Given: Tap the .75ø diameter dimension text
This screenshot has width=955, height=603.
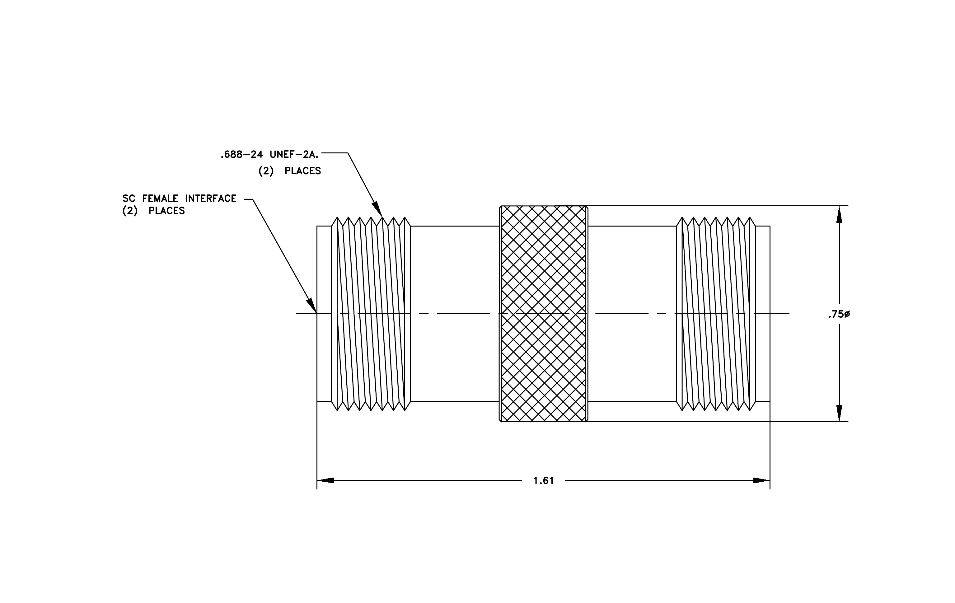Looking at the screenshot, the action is pyautogui.click(x=839, y=314).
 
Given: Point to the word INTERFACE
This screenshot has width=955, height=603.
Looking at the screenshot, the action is pyautogui.click(x=211, y=198).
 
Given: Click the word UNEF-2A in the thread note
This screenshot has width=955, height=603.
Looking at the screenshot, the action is pyautogui.click(x=294, y=155).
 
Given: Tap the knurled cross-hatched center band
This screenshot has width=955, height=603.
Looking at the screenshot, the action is pyautogui.click(x=543, y=314).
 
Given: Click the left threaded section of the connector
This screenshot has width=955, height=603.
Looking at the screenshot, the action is pyautogui.click(x=371, y=314).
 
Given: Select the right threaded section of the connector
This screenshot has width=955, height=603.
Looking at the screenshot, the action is pyautogui.click(x=716, y=314).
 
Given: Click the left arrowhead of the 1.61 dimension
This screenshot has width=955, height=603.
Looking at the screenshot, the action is pyautogui.click(x=325, y=480).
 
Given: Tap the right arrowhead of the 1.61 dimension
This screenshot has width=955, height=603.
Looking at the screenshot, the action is pyautogui.click(x=761, y=480).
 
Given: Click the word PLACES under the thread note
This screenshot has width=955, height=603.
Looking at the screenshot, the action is pyautogui.click(x=302, y=171).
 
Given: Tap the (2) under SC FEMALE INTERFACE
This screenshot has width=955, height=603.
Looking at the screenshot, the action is pyautogui.click(x=130, y=211).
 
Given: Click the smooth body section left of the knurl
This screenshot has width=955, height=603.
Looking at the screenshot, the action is pyautogui.click(x=455, y=314).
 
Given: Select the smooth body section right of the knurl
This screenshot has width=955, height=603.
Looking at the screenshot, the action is pyautogui.click(x=632, y=314).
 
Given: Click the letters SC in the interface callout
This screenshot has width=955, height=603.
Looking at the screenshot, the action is pyautogui.click(x=129, y=198).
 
